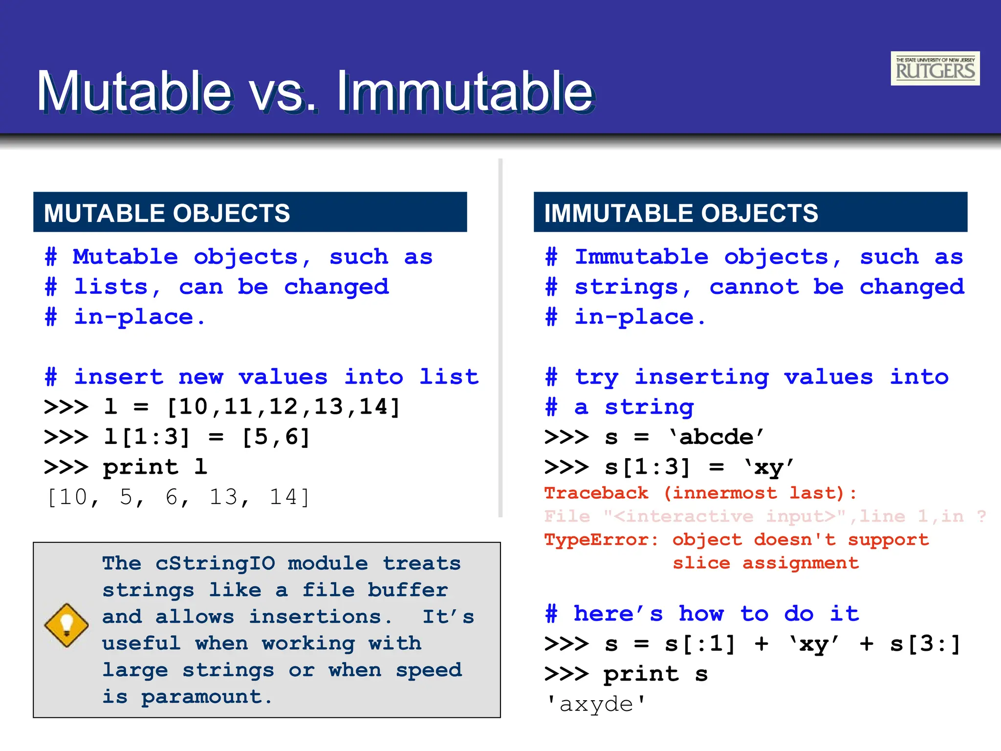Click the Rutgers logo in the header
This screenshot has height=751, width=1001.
click(935, 68)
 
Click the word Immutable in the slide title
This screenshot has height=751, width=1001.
click(464, 91)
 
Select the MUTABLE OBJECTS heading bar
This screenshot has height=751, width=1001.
click(250, 212)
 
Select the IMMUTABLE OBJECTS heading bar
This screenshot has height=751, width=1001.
click(750, 212)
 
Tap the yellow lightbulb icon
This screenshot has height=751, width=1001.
click(66, 625)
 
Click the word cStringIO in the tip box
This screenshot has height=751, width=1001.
click(215, 563)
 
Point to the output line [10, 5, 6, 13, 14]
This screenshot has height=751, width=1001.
click(178, 497)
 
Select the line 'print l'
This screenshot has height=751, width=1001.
click(126, 467)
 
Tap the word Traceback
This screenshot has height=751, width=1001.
click(596, 493)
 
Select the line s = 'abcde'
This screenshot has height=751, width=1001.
click(655, 437)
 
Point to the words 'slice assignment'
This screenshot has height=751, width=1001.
click(765, 563)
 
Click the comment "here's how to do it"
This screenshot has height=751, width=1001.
click(702, 614)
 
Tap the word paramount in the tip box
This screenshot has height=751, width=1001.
click(206, 697)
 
